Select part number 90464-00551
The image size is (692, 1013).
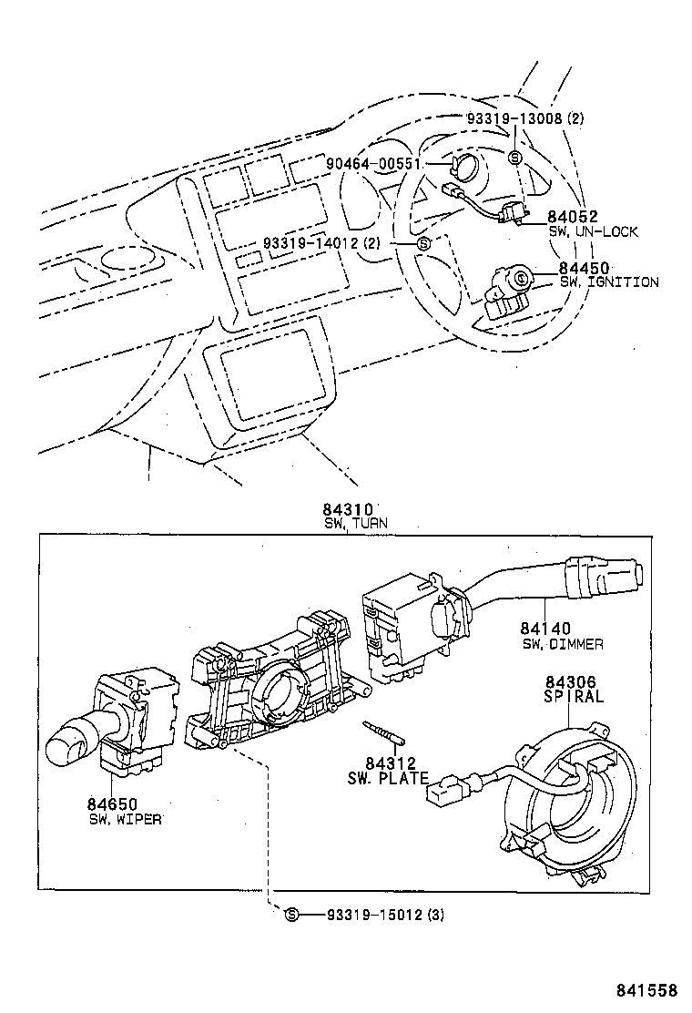tap(373, 163)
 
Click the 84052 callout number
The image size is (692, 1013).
tap(572, 217)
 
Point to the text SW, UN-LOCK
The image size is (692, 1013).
tap(593, 231)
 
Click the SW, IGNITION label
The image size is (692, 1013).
tap(602, 282)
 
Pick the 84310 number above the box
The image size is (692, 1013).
tap(348, 510)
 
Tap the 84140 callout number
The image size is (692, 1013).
tap(546, 629)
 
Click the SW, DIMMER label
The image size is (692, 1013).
tap(562, 644)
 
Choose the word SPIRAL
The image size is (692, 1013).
tap(574, 697)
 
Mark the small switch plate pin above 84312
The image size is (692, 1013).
tap(385, 732)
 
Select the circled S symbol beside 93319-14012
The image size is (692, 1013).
tap(422, 243)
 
